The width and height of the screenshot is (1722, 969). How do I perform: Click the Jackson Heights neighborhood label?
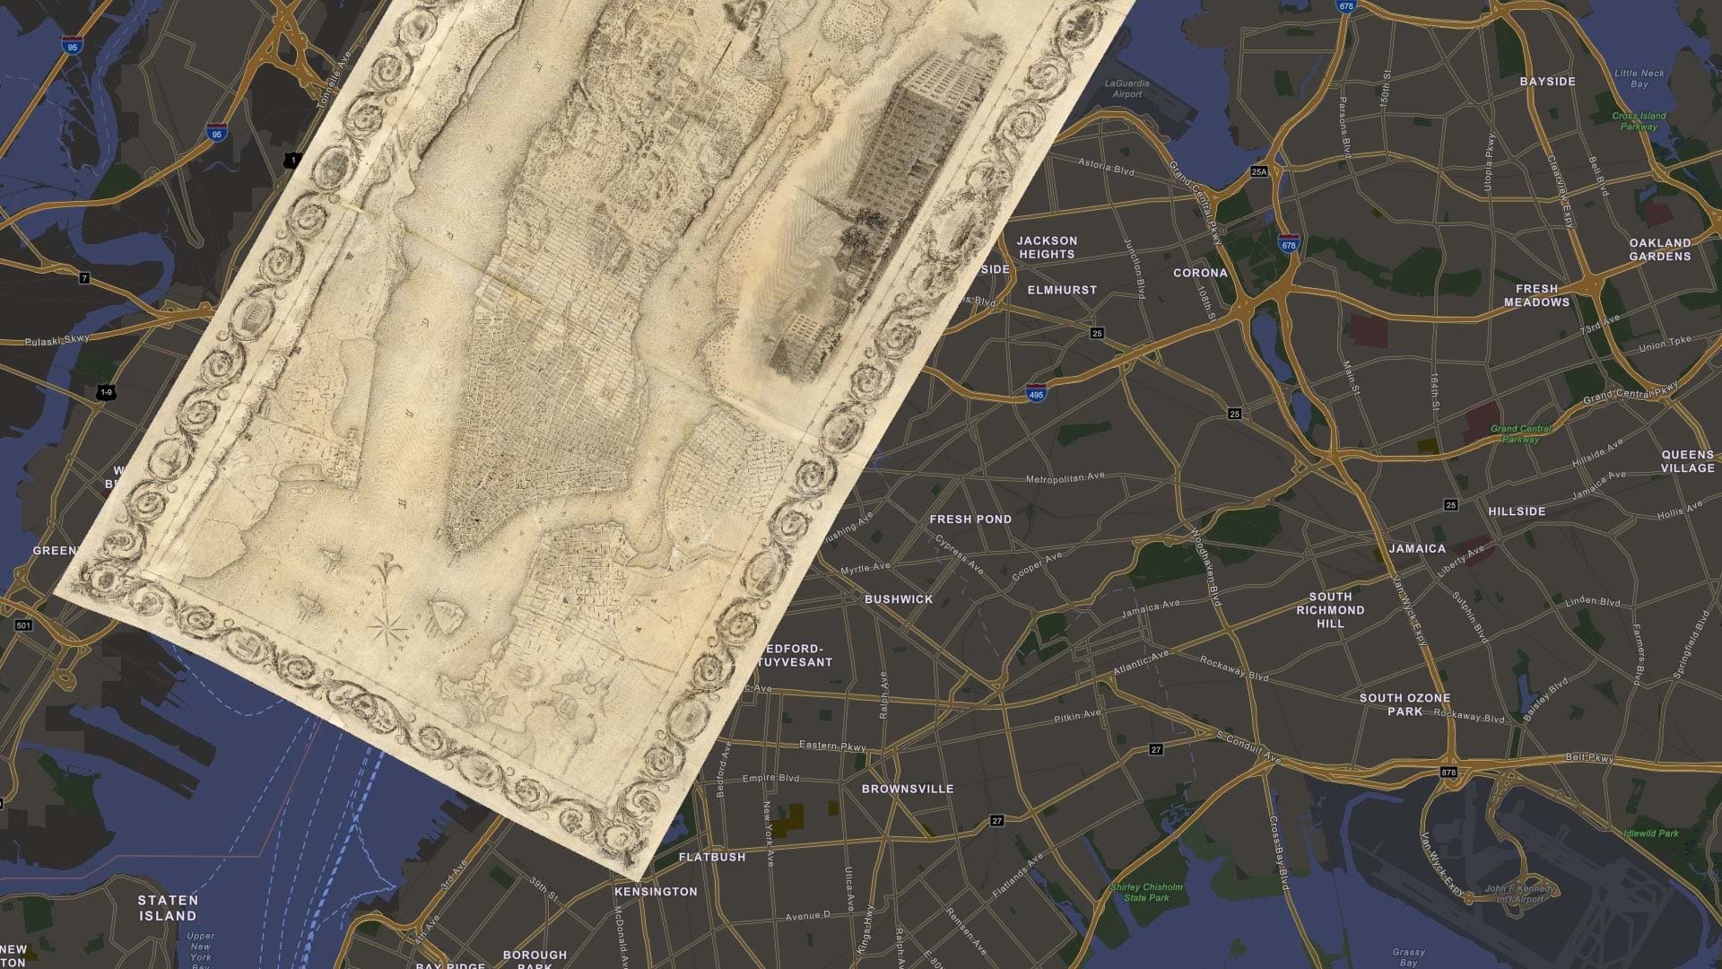coord(1047,247)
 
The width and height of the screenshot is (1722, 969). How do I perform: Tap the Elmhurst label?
coord(1062,290)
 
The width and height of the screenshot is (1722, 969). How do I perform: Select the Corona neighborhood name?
coord(1200,273)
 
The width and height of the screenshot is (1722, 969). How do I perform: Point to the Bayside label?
coord(1547,82)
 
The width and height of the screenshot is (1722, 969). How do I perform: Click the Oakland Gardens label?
coord(1659,249)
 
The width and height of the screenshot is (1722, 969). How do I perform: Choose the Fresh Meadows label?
coord(1536,295)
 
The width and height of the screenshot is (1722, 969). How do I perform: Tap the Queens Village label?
coord(1687,461)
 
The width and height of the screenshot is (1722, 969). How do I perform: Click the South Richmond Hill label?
coord(1330,609)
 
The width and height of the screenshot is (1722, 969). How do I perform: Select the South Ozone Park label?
coord(1405,704)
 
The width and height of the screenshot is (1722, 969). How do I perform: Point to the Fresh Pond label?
coord(970,519)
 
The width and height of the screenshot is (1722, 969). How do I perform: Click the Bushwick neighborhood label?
coord(899,598)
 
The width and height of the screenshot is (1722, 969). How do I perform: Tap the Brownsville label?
coord(908,789)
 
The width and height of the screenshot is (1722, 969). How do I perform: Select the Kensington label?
coord(656,891)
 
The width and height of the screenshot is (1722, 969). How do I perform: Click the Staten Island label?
coord(168,908)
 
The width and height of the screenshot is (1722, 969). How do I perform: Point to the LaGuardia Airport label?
coord(1127,89)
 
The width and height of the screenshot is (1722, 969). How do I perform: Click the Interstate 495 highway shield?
coord(1036,392)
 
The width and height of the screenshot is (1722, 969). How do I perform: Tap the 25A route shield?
coord(1259,170)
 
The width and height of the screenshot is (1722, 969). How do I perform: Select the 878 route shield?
coord(1449,772)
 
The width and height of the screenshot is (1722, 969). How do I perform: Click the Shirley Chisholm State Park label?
coord(1147,892)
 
